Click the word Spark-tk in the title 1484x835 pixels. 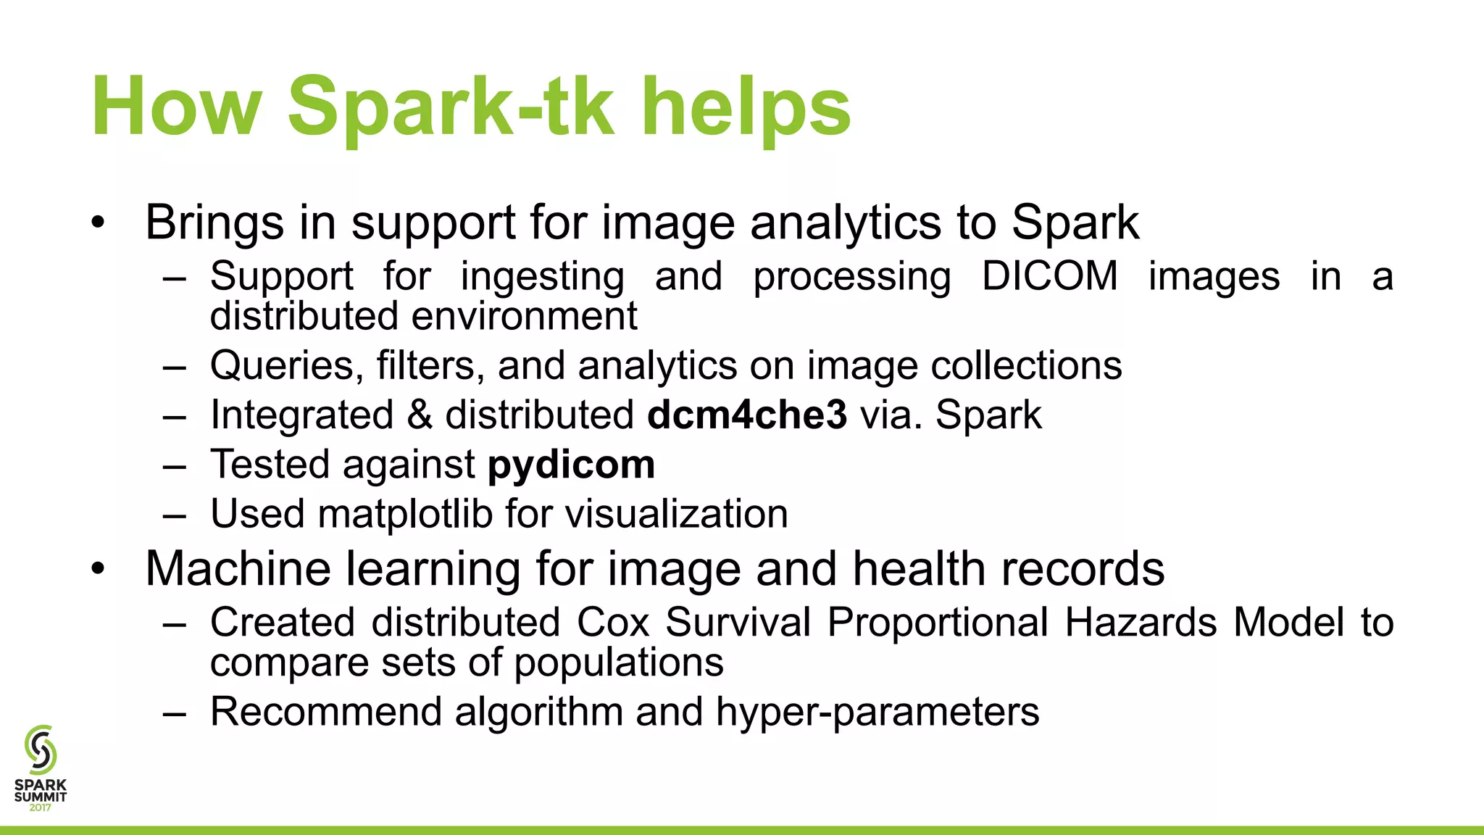451,107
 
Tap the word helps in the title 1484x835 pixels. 746,107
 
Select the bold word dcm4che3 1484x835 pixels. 747,415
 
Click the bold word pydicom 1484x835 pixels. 571,465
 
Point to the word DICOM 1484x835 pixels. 1050,276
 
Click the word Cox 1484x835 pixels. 613,623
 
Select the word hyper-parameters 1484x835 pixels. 878,712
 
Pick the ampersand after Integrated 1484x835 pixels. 420,415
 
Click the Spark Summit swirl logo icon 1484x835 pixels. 41,749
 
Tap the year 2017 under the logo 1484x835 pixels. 41,807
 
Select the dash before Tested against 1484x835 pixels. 175,465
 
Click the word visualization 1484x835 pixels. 676,514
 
